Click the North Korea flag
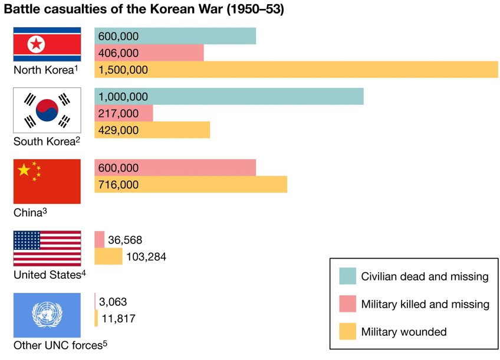coord(47,44)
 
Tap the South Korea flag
coord(47,110)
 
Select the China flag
coord(47,181)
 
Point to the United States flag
coord(47,249)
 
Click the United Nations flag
coord(47,315)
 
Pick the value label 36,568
coord(125,240)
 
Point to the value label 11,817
coord(118,319)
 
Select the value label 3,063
coord(113,302)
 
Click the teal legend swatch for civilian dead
coord(347,276)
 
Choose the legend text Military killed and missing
coord(425,304)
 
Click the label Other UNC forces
coord(58,345)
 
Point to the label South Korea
coord(44,141)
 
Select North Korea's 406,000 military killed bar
coord(149,53)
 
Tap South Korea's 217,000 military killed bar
coord(124,114)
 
